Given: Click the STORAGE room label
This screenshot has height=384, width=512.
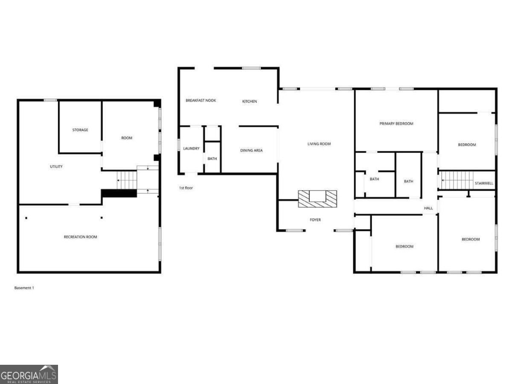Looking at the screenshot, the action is (80, 130).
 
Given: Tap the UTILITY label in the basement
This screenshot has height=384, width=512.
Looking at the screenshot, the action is (56, 166).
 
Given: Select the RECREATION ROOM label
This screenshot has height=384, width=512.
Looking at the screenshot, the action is (81, 237).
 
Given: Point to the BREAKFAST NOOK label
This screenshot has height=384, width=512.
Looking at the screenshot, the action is (201, 101).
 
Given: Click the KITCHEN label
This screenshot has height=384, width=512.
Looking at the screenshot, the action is (249, 102).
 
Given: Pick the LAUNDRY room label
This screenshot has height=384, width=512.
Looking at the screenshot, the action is (191, 148).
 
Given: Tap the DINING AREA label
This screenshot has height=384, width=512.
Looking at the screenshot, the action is (251, 150).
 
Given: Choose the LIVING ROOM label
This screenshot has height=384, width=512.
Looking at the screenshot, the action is (319, 144).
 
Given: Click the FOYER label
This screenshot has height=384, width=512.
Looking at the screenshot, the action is (315, 220).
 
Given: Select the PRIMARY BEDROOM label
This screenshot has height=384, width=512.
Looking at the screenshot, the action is (396, 124).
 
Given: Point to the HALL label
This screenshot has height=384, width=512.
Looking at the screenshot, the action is (428, 208).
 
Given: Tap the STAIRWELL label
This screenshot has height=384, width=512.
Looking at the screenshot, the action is (484, 183).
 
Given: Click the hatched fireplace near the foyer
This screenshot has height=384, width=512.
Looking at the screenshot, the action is (317, 199).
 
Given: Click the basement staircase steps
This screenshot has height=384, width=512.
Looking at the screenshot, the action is (127, 180).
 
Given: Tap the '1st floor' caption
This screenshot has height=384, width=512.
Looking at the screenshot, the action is (186, 188).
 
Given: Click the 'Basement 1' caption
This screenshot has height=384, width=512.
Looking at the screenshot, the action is (24, 288).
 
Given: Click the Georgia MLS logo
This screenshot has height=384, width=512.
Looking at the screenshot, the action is (29, 374).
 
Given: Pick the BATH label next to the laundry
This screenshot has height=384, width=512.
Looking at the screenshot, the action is (212, 159).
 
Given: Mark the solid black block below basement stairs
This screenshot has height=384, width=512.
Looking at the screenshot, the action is (119, 194).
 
